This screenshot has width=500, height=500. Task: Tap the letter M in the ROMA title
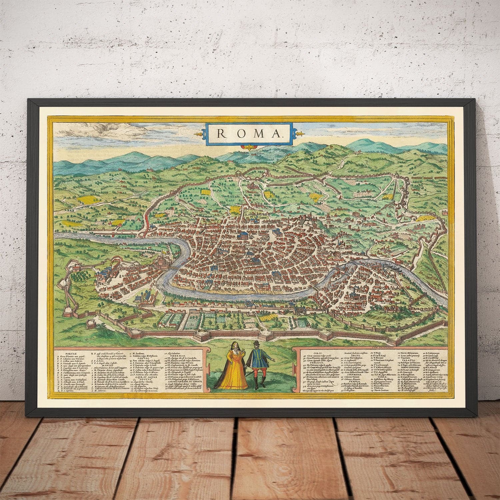click(252, 134)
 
